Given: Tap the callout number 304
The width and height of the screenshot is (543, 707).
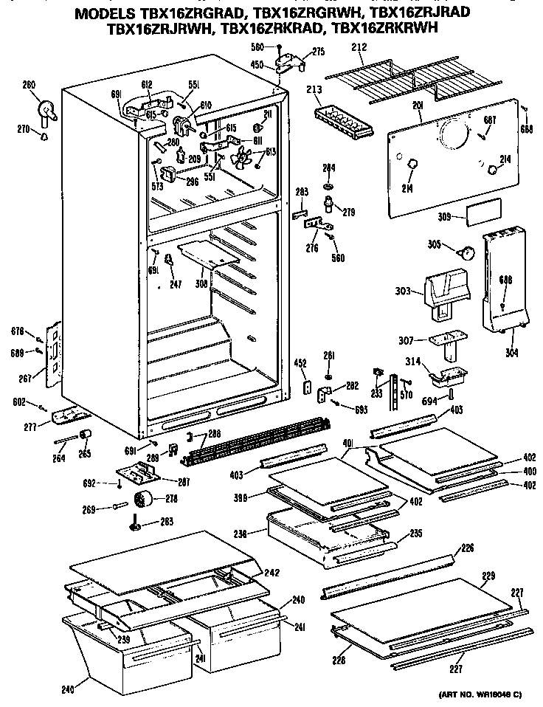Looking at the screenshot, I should tap(511, 353).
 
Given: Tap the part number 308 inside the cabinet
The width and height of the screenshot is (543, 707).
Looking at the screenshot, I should tap(201, 283).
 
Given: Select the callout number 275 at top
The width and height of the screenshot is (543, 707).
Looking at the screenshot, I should tap(319, 52).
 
